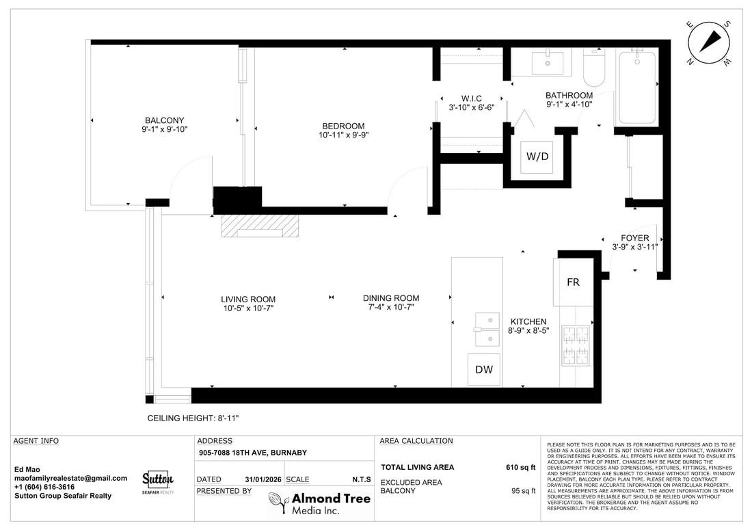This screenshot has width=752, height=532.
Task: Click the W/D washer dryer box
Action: [x=537, y=156]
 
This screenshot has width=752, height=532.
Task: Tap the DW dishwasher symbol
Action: [x=483, y=370]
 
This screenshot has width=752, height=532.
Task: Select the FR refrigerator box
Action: [x=573, y=282]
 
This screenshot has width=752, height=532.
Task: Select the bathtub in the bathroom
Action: [x=637, y=87]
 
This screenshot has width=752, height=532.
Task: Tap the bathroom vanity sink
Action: [x=551, y=63]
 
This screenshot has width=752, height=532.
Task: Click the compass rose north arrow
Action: [x=711, y=42]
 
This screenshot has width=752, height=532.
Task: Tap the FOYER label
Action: [x=634, y=238]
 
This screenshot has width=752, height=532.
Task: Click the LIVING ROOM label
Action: [x=248, y=299]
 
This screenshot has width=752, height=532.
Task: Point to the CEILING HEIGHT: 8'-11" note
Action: [x=193, y=418]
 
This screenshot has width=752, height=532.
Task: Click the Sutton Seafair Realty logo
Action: [x=158, y=481]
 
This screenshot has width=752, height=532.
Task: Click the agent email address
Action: [x=71, y=478]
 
